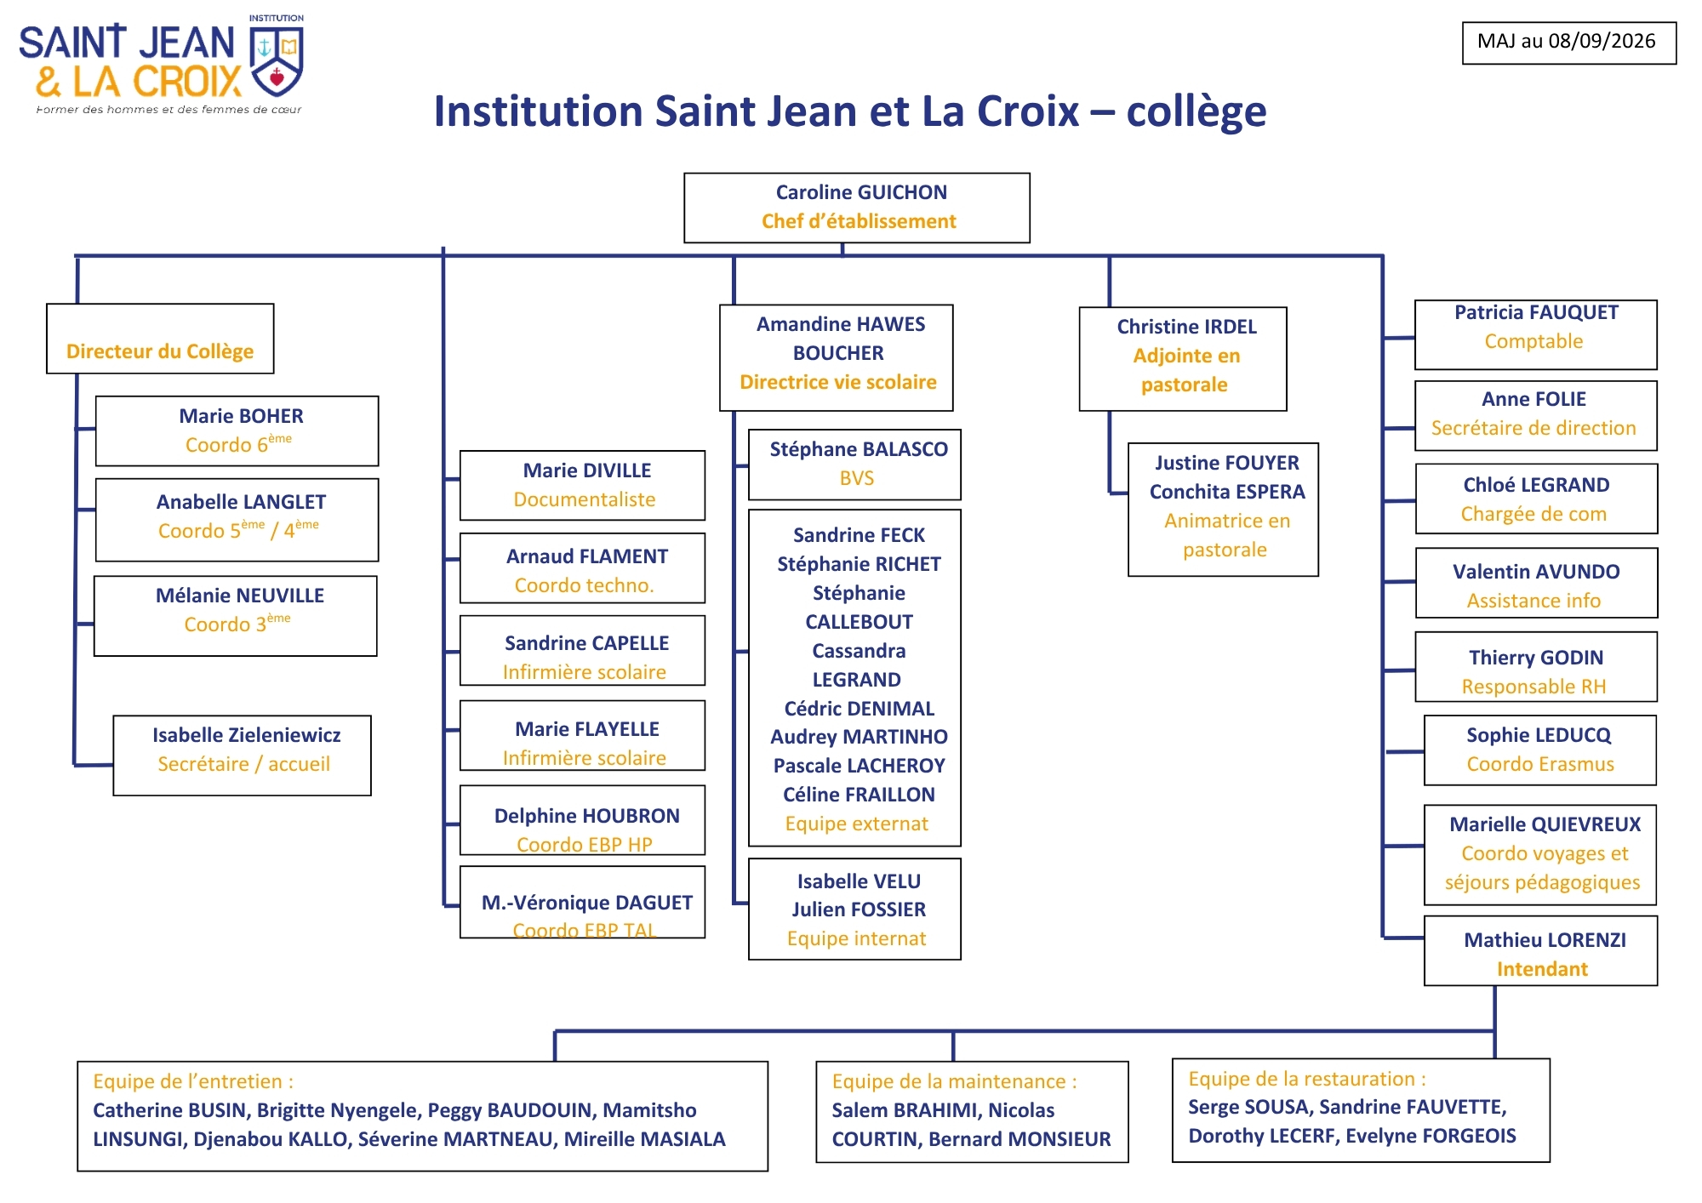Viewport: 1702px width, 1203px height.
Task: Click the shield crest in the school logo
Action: [x=277, y=60]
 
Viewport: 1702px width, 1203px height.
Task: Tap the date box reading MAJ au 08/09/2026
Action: [x=1569, y=43]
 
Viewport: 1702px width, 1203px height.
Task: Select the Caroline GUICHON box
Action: [x=857, y=208]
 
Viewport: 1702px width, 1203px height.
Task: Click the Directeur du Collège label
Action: [x=160, y=351]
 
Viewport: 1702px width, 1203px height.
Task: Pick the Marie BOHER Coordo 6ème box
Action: [x=237, y=431]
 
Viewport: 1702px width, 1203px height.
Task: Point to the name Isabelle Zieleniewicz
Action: [x=247, y=735]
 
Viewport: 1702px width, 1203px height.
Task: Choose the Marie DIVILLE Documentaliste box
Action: [x=583, y=486]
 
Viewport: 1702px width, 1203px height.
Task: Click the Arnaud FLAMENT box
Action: [x=583, y=568]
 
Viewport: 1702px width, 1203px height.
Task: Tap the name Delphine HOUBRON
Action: [x=587, y=816]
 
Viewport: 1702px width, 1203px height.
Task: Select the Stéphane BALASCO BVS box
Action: [x=855, y=465]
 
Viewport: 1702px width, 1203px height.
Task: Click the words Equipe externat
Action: [x=857, y=824]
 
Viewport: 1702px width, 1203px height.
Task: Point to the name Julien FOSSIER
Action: [x=859, y=909]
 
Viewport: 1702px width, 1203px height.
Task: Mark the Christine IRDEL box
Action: [x=1183, y=359]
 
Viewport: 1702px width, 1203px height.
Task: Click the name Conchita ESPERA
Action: [x=1227, y=492]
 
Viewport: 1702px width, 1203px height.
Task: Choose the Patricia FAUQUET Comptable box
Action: [x=1536, y=334]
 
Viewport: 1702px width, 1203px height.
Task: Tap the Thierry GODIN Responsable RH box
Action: [x=1536, y=667]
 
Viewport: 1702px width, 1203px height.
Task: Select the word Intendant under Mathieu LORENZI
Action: [x=1542, y=969]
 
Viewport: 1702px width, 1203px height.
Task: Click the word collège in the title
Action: [x=1197, y=112]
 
